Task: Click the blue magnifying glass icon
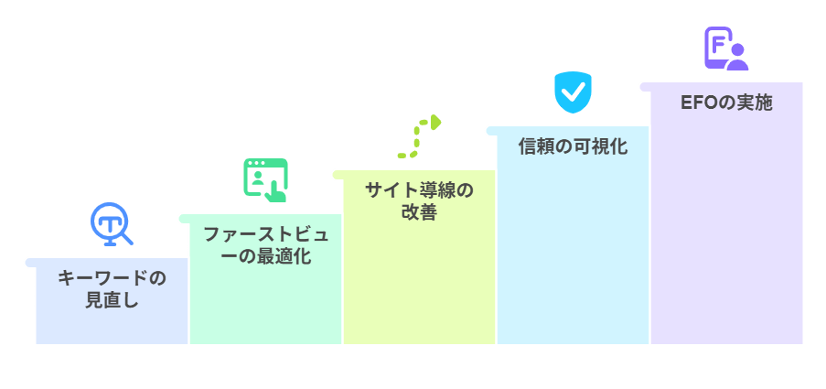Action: (112, 224)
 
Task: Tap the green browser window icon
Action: (265, 179)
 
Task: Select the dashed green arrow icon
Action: (419, 136)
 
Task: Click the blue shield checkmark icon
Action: (573, 92)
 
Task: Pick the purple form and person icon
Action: (726, 49)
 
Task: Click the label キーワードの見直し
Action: (112, 288)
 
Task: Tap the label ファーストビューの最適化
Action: (265, 244)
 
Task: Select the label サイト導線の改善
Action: (419, 201)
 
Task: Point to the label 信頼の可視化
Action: (573, 146)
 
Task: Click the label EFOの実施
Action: (726, 103)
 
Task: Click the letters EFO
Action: (700, 103)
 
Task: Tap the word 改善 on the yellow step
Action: (419, 212)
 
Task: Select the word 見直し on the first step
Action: (112, 300)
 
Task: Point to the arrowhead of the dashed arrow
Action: (436, 121)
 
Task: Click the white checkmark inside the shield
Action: (573, 92)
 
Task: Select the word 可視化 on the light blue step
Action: (600, 146)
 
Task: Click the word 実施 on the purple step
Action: (756, 103)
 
